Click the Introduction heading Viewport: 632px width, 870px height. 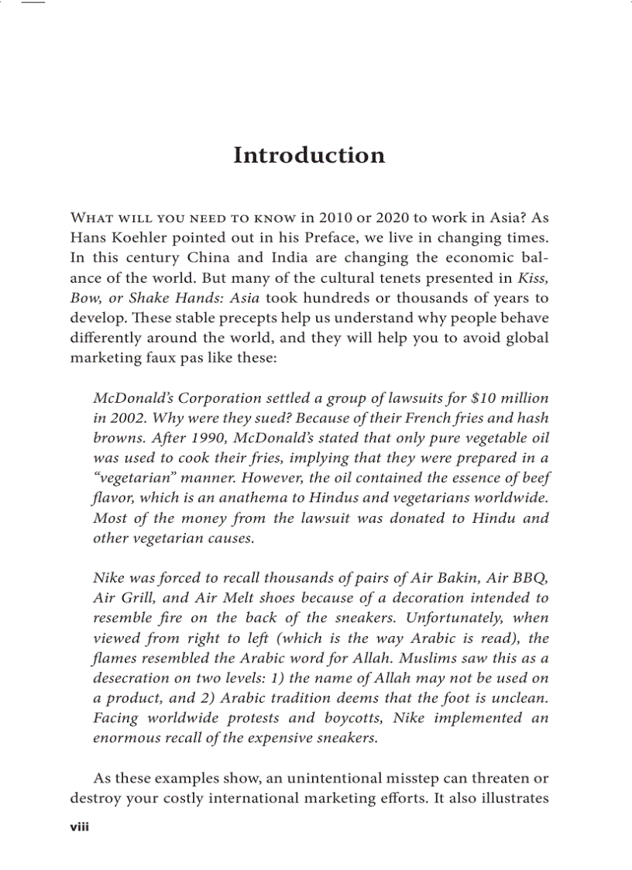point(309,155)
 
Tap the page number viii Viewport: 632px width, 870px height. point(80,827)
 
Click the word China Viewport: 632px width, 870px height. point(211,257)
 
